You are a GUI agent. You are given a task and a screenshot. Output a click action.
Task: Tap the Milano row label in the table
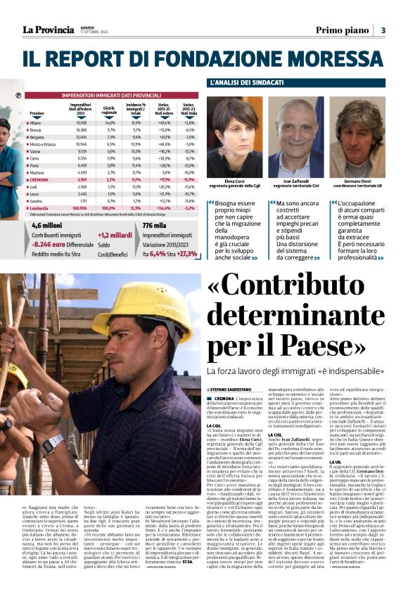pos(36,122)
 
